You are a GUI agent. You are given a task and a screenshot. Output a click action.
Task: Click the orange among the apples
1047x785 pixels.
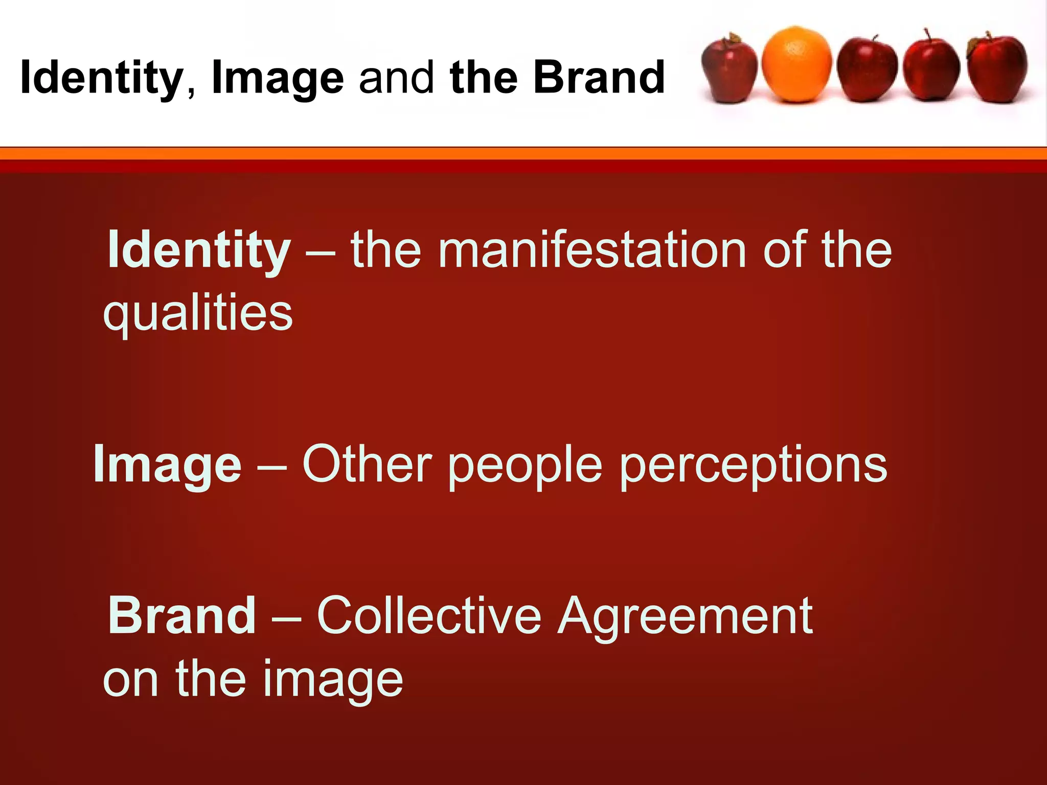pyautogui.click(x=796, y=64)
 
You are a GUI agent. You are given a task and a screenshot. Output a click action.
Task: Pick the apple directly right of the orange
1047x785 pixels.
pyautogui.click(x=867, y=70)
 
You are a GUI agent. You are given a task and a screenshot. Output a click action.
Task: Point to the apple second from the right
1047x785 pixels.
pyautogui.click(x=930, y=69)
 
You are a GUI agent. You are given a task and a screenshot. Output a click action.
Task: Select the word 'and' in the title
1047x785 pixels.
pyautogui.click(x=396, y=78)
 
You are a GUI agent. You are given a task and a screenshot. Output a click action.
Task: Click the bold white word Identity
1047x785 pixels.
pyautogui.click(x=199, y=250)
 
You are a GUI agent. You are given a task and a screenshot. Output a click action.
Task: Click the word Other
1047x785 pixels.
pyautogui.click(x=367, y=464)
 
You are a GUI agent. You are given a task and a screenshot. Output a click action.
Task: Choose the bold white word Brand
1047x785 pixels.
pyautogui.click(x=181, y=615)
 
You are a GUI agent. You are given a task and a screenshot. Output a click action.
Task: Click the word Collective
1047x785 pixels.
pyautogui.click(x=429, y=615)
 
